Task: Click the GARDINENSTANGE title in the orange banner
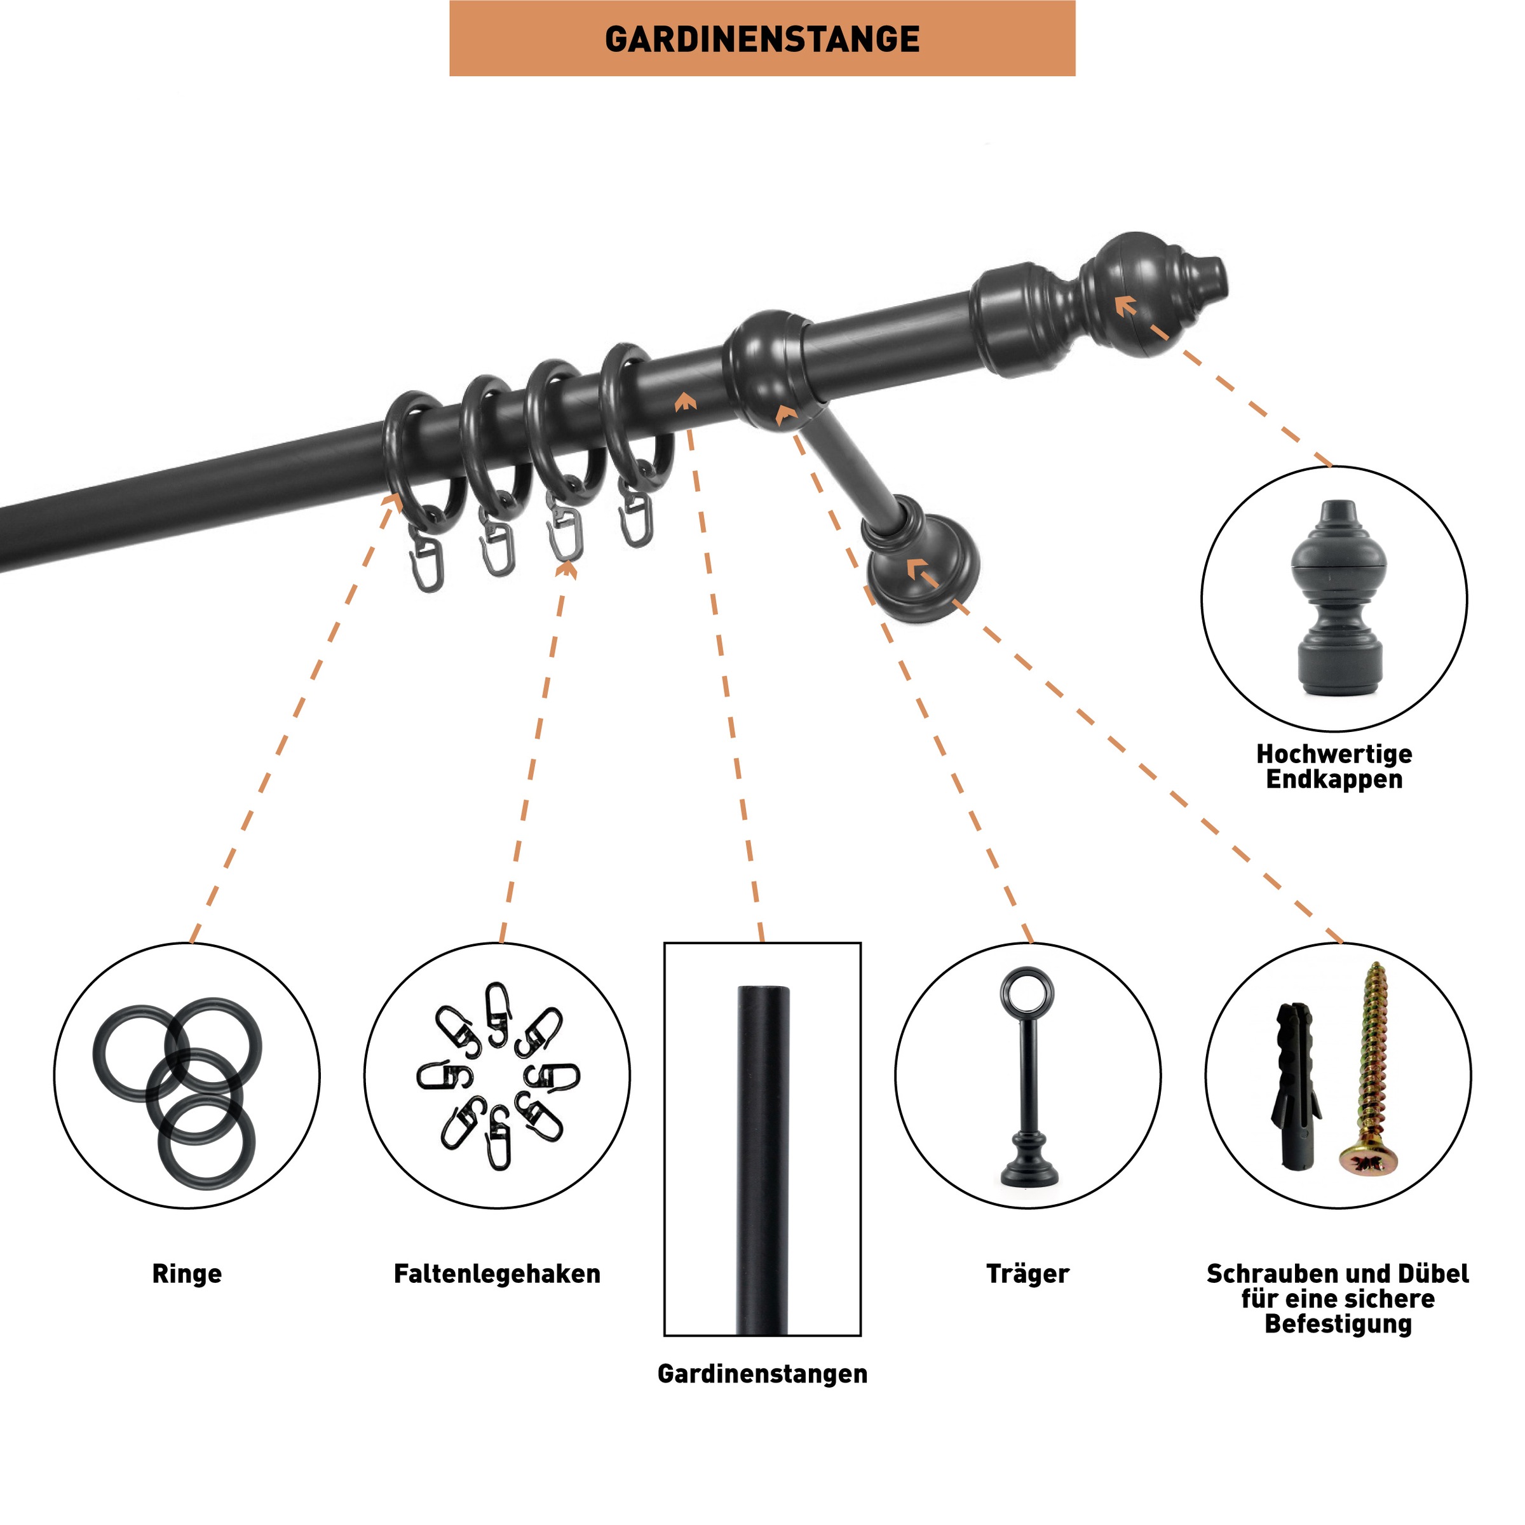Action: [x=762, y=39]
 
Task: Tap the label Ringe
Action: [x=187, y=1273]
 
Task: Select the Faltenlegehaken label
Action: [x=498, y=1273]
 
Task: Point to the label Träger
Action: [x=1027, y=1273]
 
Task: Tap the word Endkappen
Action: [x=1334, y=779]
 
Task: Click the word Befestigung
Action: [x=1338, y=1324]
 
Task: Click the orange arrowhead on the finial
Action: [x=1125, y=306]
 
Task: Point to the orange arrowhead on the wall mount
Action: [x=916, y=567]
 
